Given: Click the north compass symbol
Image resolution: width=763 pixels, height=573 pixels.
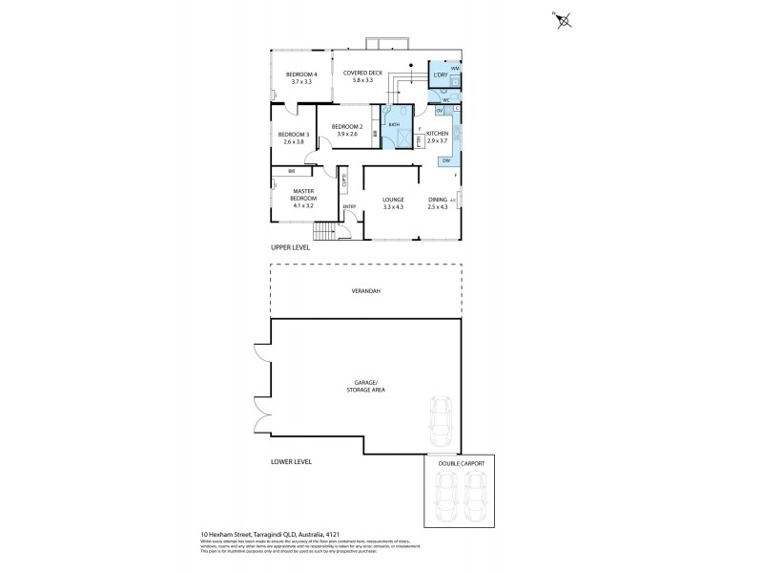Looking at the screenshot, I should pos(563,18).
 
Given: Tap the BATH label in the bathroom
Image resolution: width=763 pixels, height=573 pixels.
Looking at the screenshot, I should pos(394,124).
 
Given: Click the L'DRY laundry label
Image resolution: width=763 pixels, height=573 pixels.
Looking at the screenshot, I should pos(441,74).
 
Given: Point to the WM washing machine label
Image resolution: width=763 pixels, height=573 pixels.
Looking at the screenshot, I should pos(455,69).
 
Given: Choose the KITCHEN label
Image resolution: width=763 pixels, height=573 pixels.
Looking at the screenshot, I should pos(437,133).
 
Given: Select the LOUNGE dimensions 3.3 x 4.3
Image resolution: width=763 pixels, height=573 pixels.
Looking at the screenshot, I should pos(393,206).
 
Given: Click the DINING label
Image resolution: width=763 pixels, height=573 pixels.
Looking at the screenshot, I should pos(437,199).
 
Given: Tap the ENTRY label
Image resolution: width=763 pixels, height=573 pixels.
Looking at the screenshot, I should pos(349,206).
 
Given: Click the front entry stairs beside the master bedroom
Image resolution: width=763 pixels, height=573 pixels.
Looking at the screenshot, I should pos(325,233).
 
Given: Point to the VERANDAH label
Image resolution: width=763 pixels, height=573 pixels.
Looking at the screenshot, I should pos(368,290).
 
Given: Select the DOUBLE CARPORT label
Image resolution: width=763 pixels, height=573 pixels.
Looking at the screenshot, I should pos(462,463).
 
